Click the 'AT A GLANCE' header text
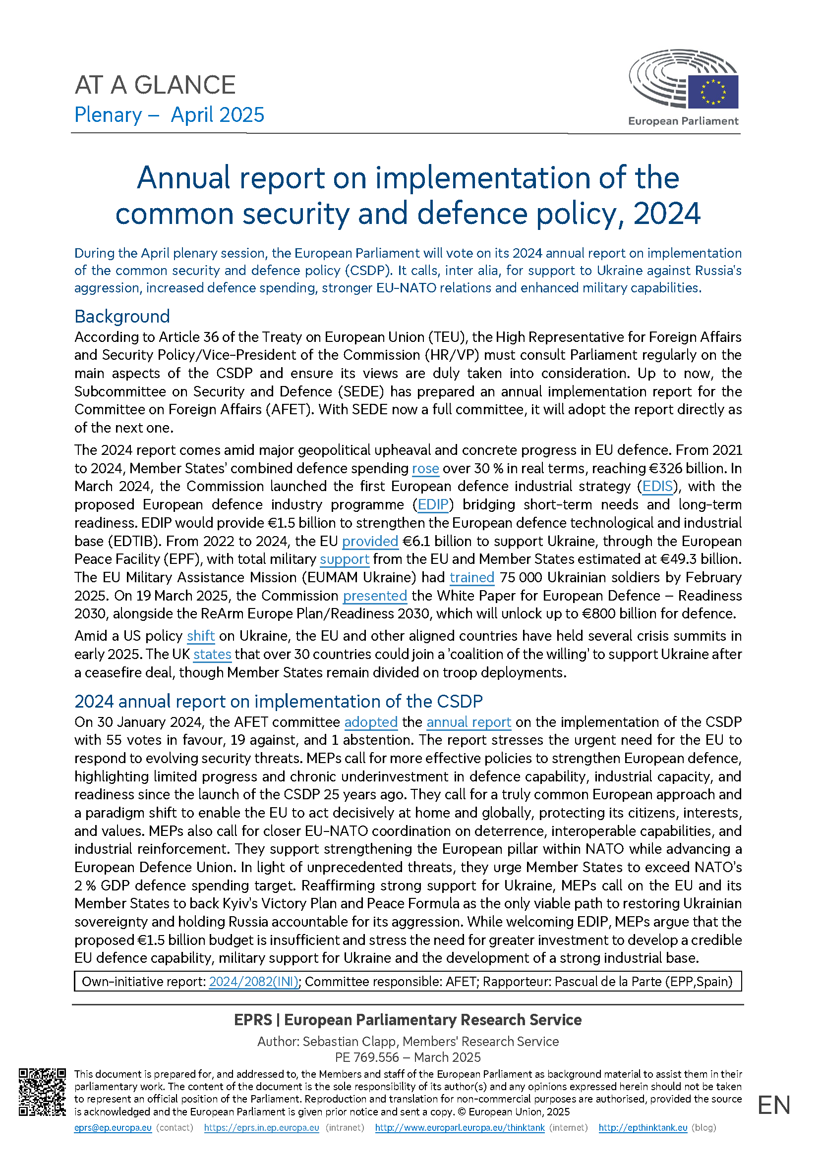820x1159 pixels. pyautogui.click(x=155, y=85)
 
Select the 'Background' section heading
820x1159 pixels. pyautogui.click(x=121, y=317)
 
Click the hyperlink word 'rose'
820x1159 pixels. pyautogui.click(x=425, y=468)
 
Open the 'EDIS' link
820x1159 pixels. pyautogui.click(x=657, y=487)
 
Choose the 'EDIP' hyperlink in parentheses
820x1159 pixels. pyautogui.click(x=433, y=505)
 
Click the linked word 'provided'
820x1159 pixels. pyautogui.click(x=370, y=541)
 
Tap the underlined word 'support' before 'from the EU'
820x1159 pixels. pyautogui.click(x=345, y=559)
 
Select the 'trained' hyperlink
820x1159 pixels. pyautogui.click(x=471, y=577)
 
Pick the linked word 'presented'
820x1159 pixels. pyautogui.click(x=375, y=596)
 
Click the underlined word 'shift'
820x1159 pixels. pyautogui.click(x=200, y=636)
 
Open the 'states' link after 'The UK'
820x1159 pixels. pyautogui.click(x=212, y=654)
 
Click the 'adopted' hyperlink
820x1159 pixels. pyautogui.click(x=371, y=722)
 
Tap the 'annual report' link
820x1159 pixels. pyautogui.click(x=469, y=722)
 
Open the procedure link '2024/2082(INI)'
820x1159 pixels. pyautogui.click(x=253, y=982)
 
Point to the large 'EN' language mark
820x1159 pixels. pyautogui.click(x=773, y=1105)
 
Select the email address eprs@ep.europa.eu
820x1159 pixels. pyautogui.click(x=113, y=1128)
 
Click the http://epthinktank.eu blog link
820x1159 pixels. pyautogui.click(x=643, y=1128)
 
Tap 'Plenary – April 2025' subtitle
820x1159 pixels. pyautogui.click(x=169, y=115)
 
